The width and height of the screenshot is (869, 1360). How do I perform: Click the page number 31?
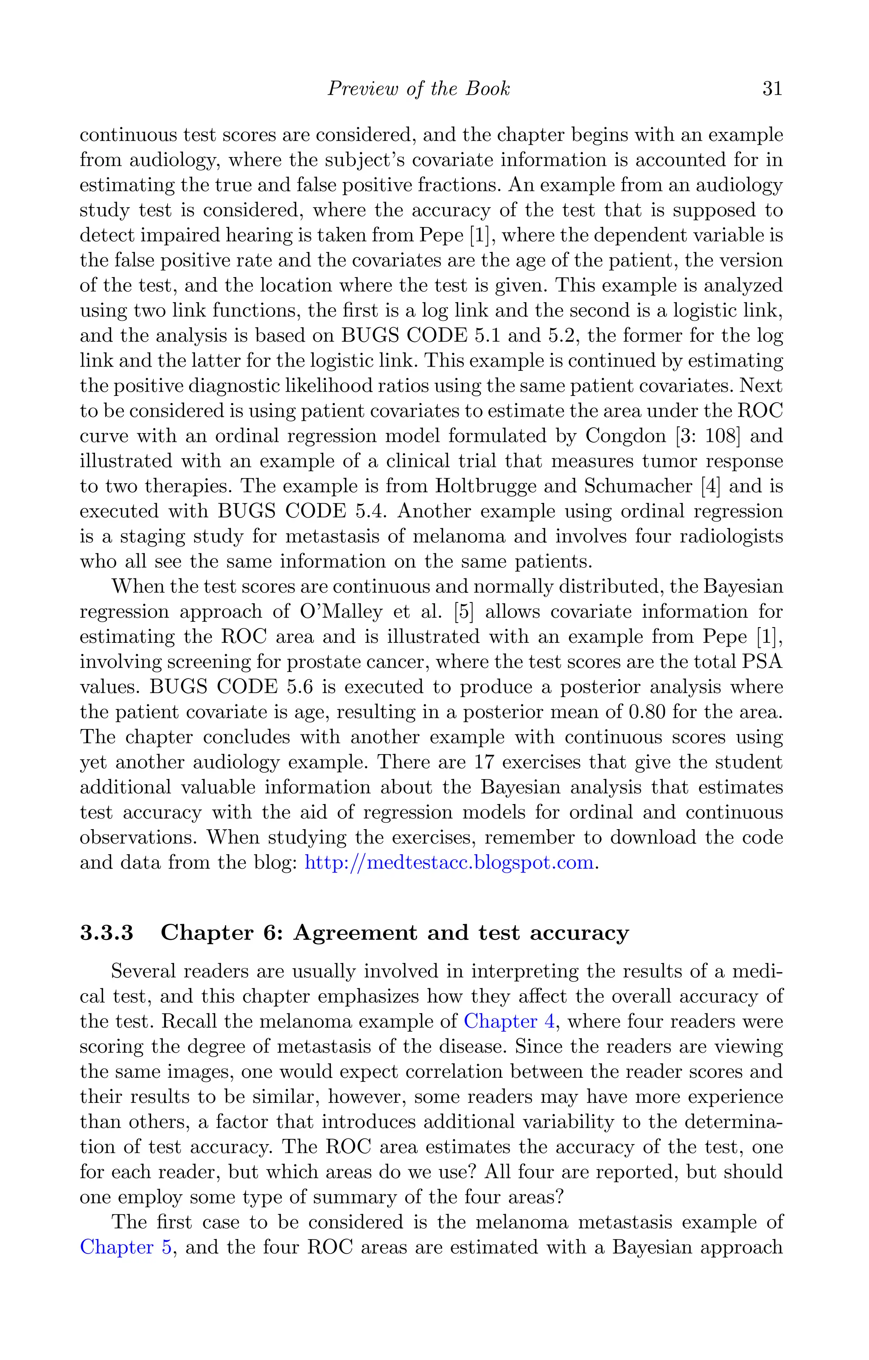click(x=772, y=89)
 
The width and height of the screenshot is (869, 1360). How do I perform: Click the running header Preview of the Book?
click(x=418, y=89)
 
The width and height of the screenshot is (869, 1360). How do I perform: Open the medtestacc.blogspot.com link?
click(x=449, y=862)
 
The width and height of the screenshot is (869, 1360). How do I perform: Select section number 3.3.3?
click(x=107, y=932)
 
